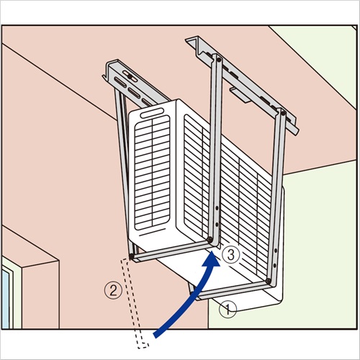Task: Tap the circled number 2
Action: click(x=113, y=290)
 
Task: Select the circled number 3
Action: click(x=230, y=255)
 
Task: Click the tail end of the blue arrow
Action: click(x=156, y=336)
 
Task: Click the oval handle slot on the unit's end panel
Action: click(x=152, y=112)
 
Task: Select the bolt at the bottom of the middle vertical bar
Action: click(x=210, y=239)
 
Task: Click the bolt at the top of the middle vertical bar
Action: click(x=218, y=59)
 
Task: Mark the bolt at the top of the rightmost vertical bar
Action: click(x=283, y=112)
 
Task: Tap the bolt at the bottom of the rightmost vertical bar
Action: click(x=269, y=281)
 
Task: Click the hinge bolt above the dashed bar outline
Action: click(x=132, y=257)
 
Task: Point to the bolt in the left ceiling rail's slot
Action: click(x=130, y=76)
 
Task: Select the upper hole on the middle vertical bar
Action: click(x=217, y=208)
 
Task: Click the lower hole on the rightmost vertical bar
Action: click(x=274, y=264)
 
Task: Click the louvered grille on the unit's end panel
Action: click(x=152, y=173)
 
